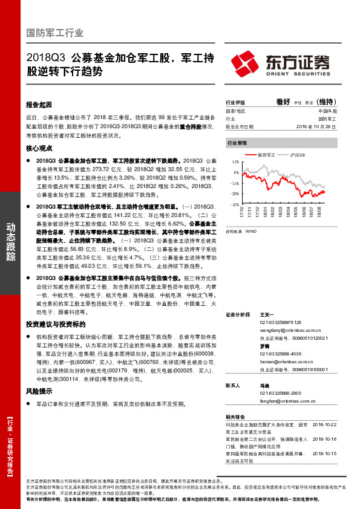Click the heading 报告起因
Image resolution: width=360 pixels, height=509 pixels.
point(39,103)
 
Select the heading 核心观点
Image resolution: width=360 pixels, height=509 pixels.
point(39,148)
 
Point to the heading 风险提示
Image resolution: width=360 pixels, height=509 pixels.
point(39,375)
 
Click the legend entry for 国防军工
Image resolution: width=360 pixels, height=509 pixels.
point(266,155)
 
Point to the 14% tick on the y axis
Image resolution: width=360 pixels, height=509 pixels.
point(235,163)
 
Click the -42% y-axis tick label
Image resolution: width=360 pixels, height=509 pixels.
point(234,205)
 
